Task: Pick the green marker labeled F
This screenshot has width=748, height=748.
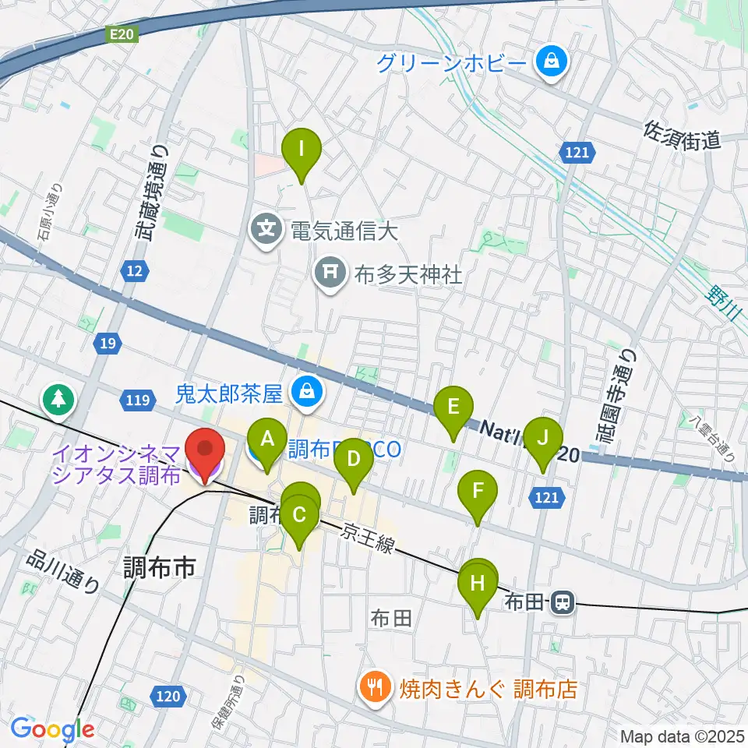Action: click(478, 492)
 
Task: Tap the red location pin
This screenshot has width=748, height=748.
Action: click(205, 452)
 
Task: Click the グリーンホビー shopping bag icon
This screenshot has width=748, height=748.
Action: click(552, 60)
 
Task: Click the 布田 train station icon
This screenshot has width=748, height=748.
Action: click(560, 601)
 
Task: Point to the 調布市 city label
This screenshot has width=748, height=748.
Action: click(160, 568)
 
